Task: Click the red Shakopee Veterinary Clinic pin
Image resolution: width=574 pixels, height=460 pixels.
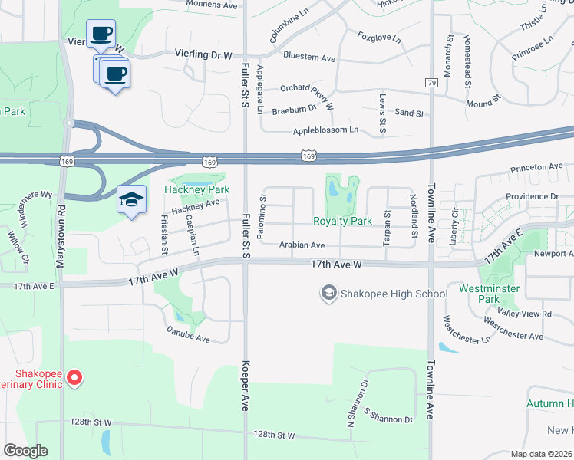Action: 74,376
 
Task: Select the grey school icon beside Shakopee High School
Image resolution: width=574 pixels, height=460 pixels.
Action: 329,293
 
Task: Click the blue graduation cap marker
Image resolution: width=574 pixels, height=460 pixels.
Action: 132,200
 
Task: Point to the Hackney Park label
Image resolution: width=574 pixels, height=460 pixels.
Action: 197,189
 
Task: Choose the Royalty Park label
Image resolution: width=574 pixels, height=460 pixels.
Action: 342,222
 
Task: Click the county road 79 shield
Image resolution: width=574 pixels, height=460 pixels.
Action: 432,82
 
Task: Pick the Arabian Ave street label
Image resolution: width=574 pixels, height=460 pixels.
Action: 302,245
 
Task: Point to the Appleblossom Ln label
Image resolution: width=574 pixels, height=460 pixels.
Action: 326,130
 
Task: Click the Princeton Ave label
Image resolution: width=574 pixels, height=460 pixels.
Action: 536,166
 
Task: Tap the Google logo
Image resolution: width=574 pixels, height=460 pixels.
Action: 25,450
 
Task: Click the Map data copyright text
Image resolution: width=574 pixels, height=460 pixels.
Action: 541,454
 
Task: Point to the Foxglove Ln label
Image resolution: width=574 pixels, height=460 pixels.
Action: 380,36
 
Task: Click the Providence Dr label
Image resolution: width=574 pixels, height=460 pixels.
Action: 532,196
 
